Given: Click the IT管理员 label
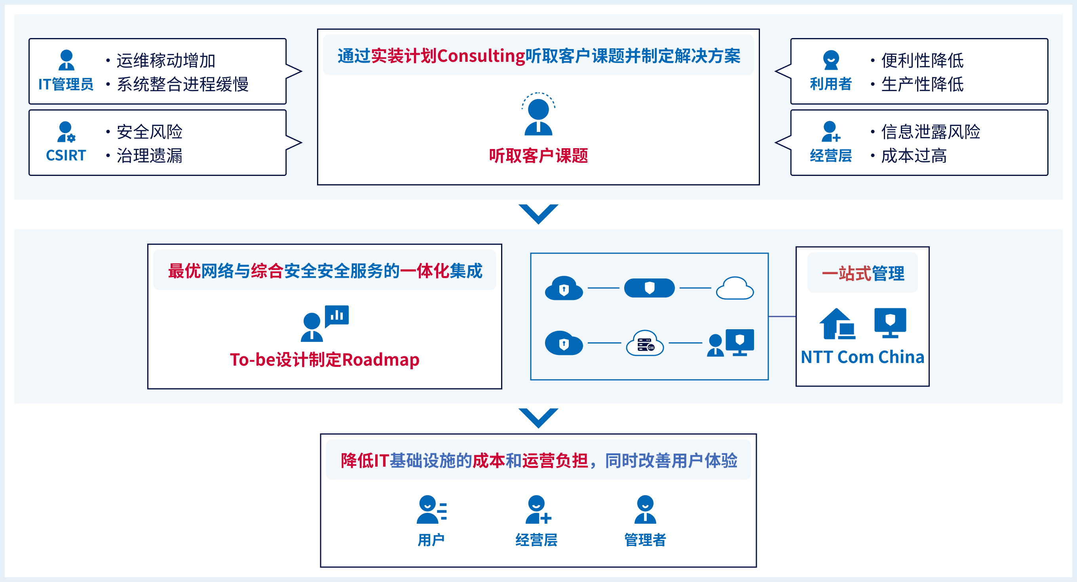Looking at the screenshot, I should [x=66, y=84].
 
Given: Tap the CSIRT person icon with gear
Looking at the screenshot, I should [x=66, y=132].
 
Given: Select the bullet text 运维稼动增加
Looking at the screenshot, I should [x=165, y=61].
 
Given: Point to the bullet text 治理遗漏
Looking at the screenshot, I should [x=149, y=156].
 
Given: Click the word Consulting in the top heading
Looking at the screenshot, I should [x=481, y=55].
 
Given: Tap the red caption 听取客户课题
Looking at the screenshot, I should [x=538, y=156].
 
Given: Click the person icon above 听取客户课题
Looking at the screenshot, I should [x=538, y=115].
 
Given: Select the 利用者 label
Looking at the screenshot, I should [x=830, y=84].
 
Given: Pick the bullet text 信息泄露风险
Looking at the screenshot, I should [x=930, y=132].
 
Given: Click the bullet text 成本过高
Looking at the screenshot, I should [x=914, y=156].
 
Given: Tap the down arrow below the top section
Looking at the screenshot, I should [x=538, y=214].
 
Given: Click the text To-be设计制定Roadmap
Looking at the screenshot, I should [x=325, y=360].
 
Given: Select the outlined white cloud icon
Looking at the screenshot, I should [x=735, y=288].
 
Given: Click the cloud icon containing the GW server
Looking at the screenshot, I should [x=645, y=343].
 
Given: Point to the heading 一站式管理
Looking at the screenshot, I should [x=862, y=274].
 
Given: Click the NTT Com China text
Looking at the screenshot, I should [x=862, y=357].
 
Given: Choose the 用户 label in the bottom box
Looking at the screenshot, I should [x=431, y=540].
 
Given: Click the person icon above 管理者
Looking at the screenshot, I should [x=645, y=509].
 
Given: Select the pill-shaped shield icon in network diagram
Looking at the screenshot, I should [x=649, y=288].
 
